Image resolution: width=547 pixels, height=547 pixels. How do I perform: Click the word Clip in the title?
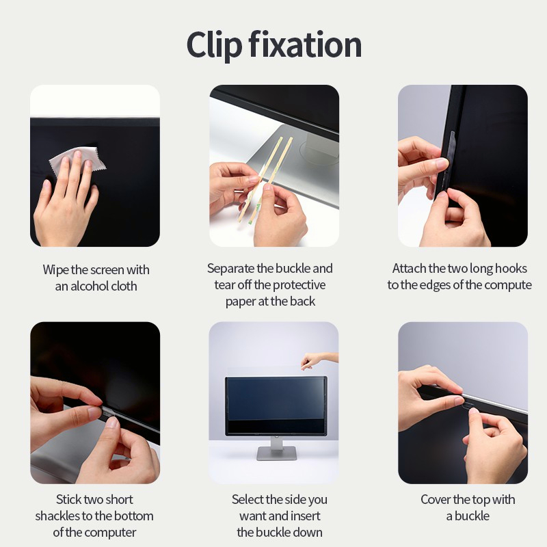[214, 45]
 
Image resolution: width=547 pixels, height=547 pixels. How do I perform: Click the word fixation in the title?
[305, 44]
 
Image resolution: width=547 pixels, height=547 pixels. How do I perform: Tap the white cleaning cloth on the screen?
[77, 161]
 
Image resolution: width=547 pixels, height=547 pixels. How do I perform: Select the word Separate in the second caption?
[230, 269]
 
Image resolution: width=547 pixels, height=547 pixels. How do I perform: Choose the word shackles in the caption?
[58, 516]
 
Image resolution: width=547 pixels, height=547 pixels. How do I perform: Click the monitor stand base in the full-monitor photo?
[277, 454]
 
